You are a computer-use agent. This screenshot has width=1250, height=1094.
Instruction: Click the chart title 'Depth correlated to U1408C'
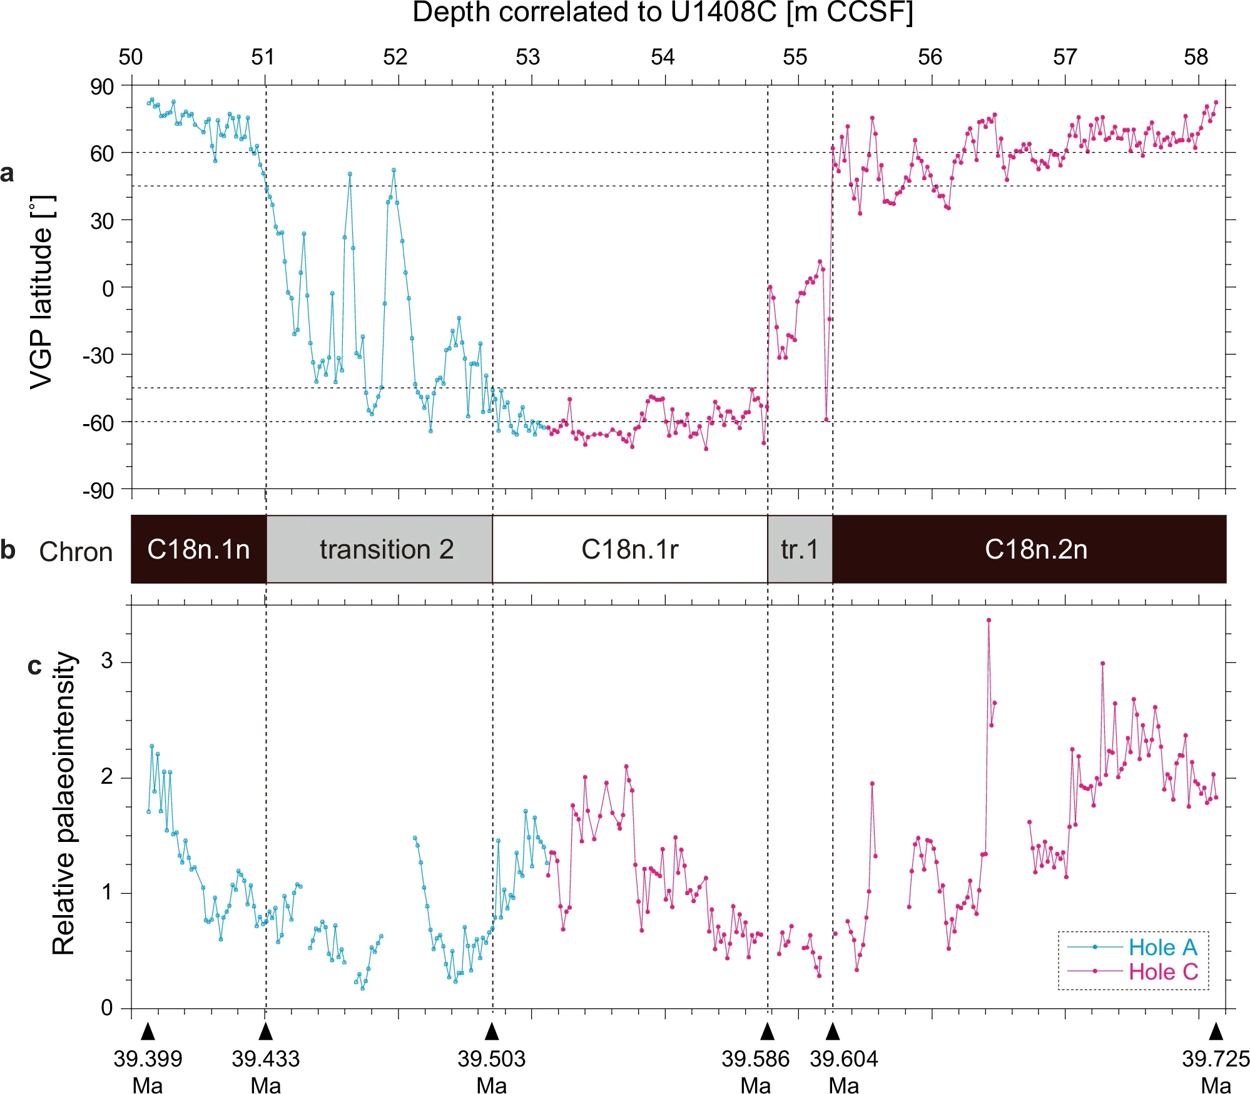coord(662,13)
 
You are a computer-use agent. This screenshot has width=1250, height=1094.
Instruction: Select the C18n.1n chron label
coord(198,549)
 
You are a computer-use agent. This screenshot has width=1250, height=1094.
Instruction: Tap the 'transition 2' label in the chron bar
coord(386,549)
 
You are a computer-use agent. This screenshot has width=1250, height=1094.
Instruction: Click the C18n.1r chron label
coord(629,549)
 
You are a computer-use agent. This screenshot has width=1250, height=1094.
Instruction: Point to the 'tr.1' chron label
coord(800,549)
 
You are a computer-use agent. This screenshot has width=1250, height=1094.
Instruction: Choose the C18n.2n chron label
coord(1035,549)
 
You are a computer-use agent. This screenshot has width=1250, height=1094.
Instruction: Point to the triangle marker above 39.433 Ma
coord(266,1031)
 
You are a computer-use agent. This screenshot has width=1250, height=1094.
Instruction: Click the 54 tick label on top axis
coord(663,58)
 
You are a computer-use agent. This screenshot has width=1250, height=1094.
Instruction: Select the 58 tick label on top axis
coord(1196,58)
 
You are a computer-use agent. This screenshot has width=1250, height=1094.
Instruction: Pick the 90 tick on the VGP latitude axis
coord(102,87)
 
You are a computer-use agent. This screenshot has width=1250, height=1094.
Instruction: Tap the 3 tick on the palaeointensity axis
coord(107,661)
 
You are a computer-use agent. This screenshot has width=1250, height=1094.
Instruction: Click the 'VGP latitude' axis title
coord(43,291)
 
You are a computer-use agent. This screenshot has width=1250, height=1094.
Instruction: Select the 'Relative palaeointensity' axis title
coord(63,804)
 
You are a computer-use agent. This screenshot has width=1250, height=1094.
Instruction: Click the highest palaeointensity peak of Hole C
coord(988,620)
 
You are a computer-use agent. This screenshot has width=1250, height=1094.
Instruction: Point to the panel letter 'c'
coord(34,666)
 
